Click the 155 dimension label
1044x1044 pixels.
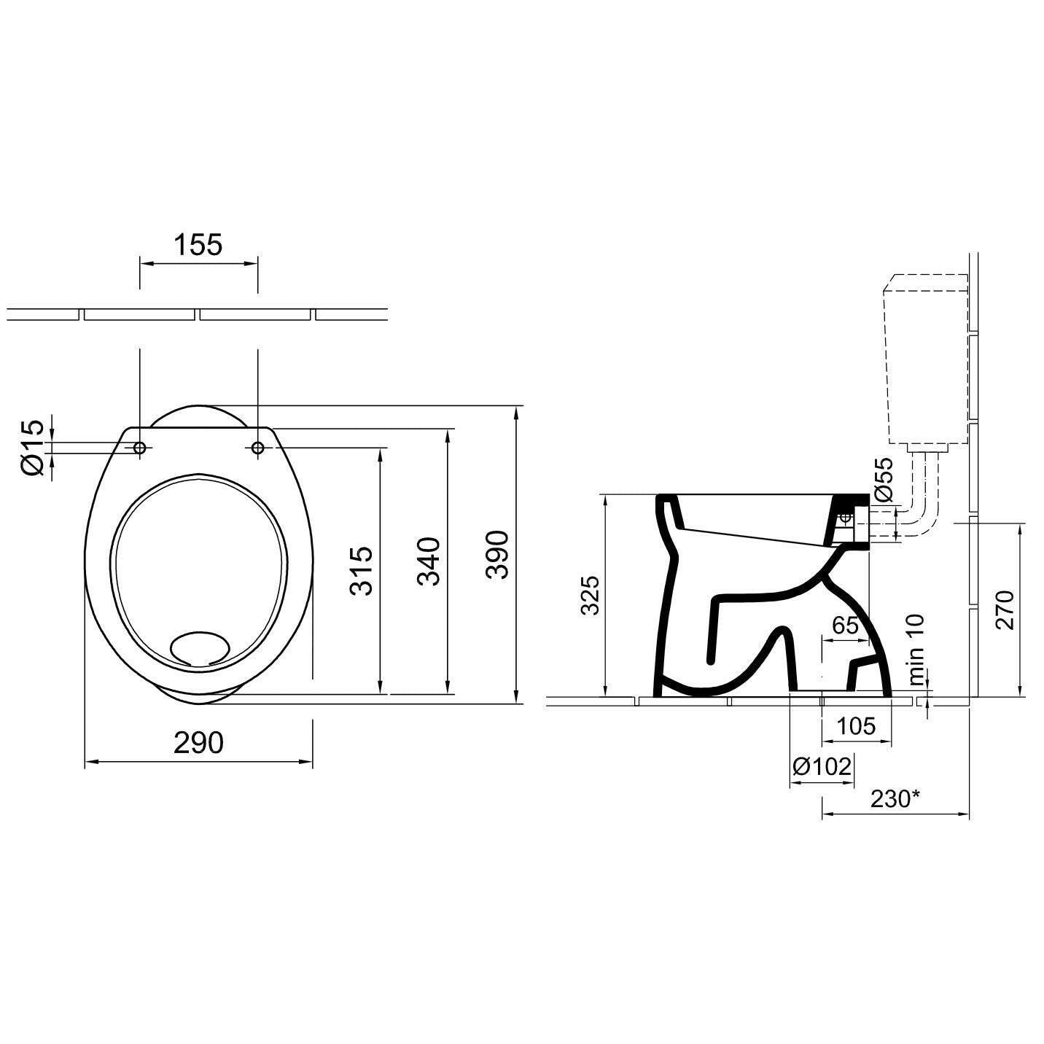pos(198,245)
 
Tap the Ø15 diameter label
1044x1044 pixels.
pos(34,448)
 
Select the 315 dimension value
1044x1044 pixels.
pos(362,571)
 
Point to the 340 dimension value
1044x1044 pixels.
pos(429,561)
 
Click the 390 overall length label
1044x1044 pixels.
pos(497,555)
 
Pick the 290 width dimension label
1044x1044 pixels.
pos(198,743)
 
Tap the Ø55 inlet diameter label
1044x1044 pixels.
pos(883,480)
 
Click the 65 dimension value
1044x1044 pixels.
pos(846,626)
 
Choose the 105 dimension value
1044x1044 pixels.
pos(856,726)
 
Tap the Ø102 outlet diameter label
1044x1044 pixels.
pos(822,766)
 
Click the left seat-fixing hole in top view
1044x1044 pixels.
pos(140,448)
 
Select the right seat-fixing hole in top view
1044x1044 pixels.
pos(258,448)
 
